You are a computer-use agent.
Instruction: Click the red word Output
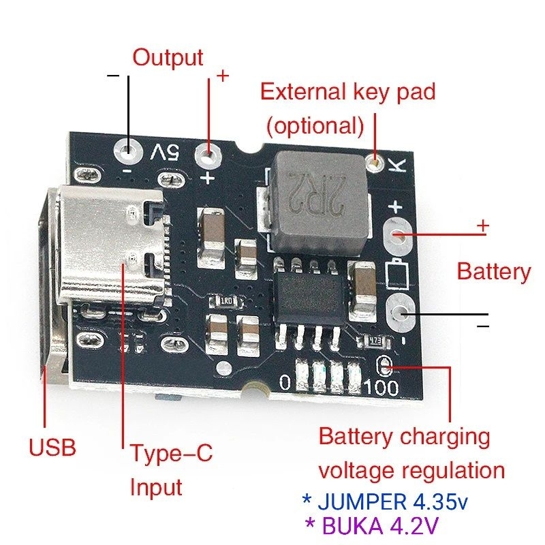coord(168,57)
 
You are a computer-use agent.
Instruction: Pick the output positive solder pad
coord(210,157)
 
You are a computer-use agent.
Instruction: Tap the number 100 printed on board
coord(389,386)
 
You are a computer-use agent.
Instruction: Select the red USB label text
coord(52,448)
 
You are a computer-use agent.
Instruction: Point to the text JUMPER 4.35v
coord(385,502)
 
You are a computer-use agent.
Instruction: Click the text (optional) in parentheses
coord(314,125)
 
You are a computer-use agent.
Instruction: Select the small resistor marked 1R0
coord(225,300)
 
